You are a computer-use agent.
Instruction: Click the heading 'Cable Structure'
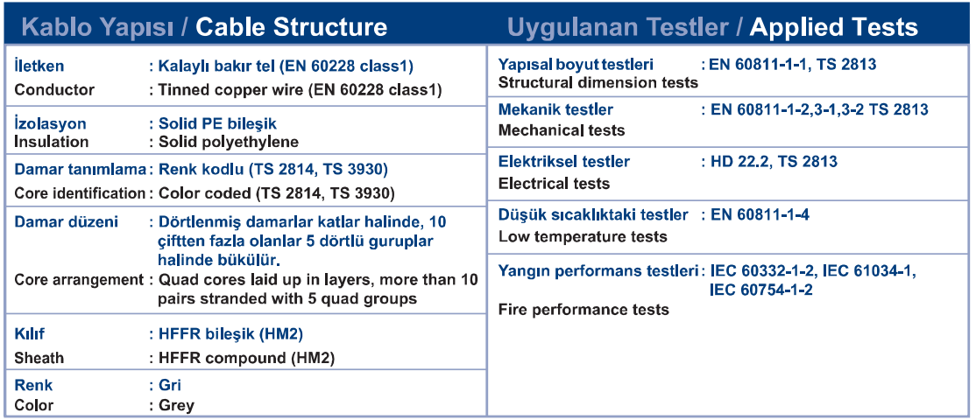coord(291,27)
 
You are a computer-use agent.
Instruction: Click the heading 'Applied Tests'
coord(834,27)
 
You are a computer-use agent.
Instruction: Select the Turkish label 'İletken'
coord(39,66)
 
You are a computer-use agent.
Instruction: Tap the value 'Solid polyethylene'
coord(229,143)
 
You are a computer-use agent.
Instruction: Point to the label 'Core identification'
coord(80,193)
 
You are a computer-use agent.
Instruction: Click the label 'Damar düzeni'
coord(66,221)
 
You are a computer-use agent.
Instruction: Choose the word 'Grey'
coord(177,406)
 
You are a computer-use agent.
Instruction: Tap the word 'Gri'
coord(170,385)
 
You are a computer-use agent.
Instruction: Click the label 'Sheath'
coord(39,359)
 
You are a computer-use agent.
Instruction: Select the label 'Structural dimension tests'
coord(598,82)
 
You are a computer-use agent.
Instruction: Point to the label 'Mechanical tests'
coord(562,130)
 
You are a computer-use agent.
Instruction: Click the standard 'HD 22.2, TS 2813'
coord(774,162)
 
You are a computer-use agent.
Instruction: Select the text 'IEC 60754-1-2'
coord(760,290)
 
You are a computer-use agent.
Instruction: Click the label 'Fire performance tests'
coord(583,310)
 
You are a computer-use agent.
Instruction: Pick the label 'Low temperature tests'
coord(583,237)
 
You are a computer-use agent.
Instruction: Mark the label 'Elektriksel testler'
coord(564,162)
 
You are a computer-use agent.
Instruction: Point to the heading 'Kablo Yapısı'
coord(101,27)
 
